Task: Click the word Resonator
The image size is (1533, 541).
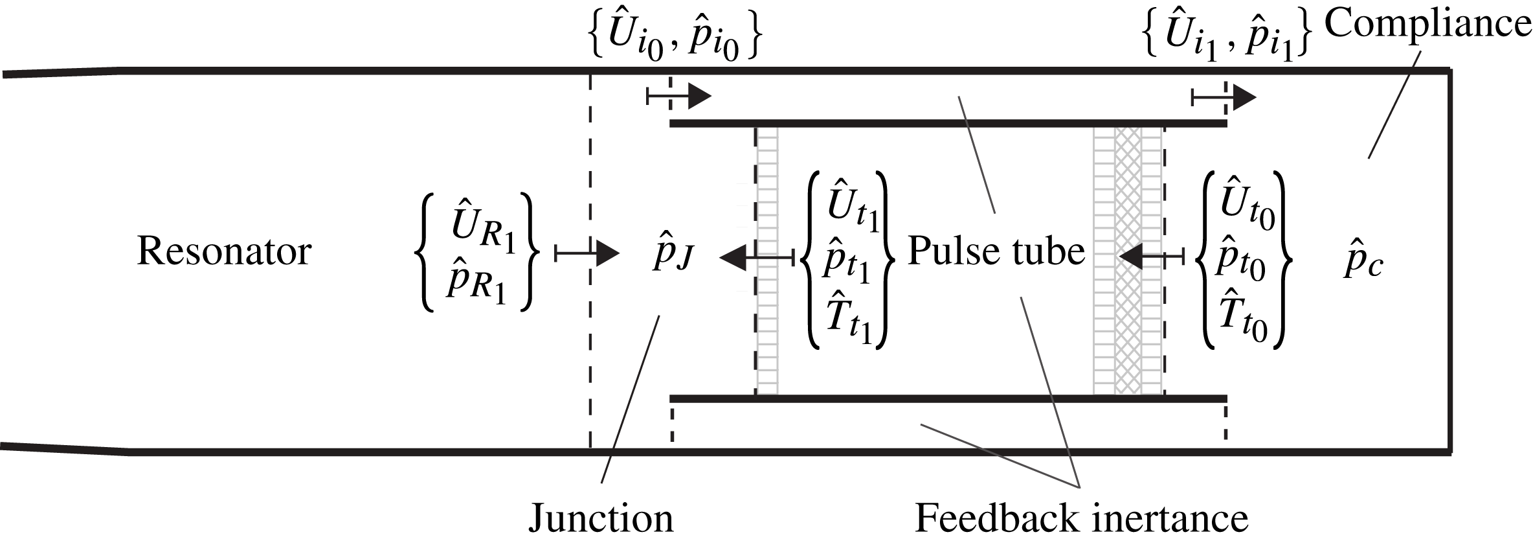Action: (224, 251)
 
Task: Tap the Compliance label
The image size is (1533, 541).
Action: (1427, 25)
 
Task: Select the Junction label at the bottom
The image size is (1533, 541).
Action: (601, 518)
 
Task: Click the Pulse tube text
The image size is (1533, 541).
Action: (996, 251)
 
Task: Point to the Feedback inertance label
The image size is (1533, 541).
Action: (1081, 518)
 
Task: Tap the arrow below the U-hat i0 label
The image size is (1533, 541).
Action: (680, 97)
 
